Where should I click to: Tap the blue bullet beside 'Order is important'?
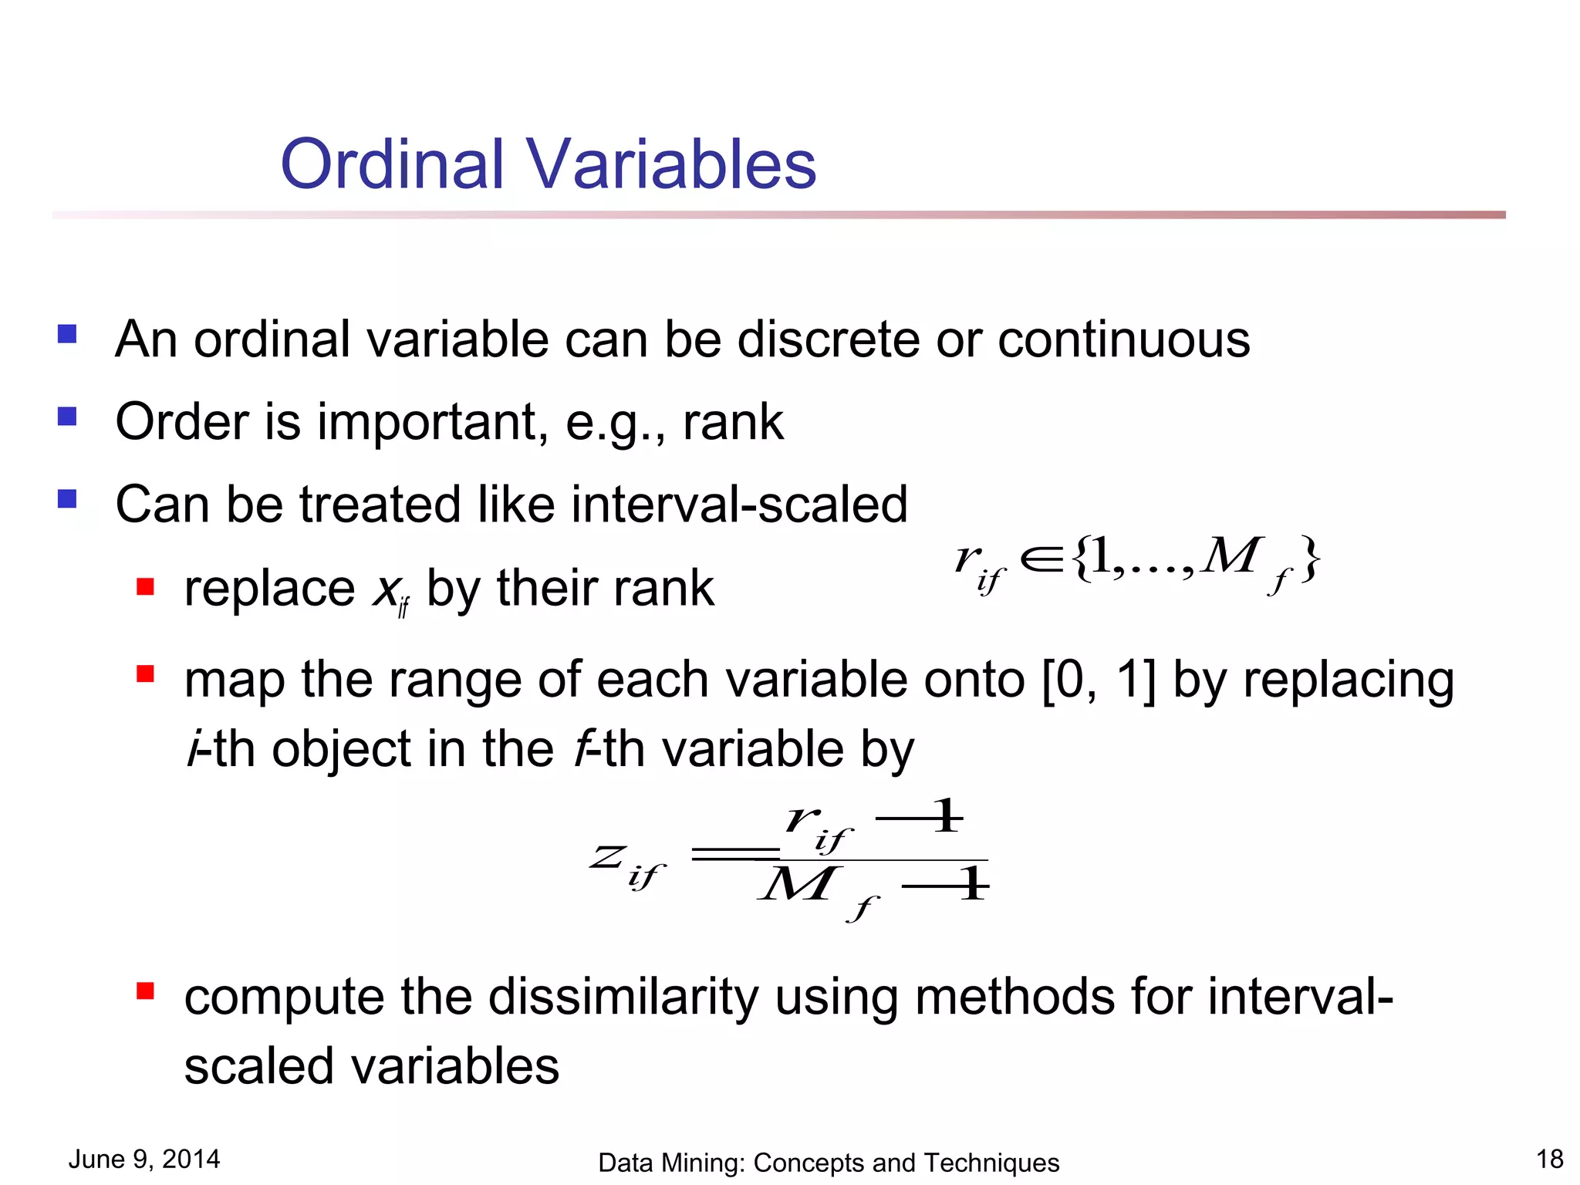pyautogui.click(x=67, y=417)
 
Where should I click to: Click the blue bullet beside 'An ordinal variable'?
pyautogui.click(x=67, y=334)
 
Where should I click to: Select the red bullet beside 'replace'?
pyautogui.click(x=145, y=587)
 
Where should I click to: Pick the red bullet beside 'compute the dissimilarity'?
pyautogui.click(x=145, y=991)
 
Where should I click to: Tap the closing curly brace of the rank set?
pyautogui.click(x=1309, y=559)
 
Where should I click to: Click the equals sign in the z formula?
pyautogui.click(x=735, y=853)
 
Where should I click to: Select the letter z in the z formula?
pyautogui.click(x=608, y=856)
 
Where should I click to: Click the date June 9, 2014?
pyautogui.click(x=144, y=1159)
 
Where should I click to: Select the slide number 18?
pyautogui.click(x=1549, y=1159)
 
